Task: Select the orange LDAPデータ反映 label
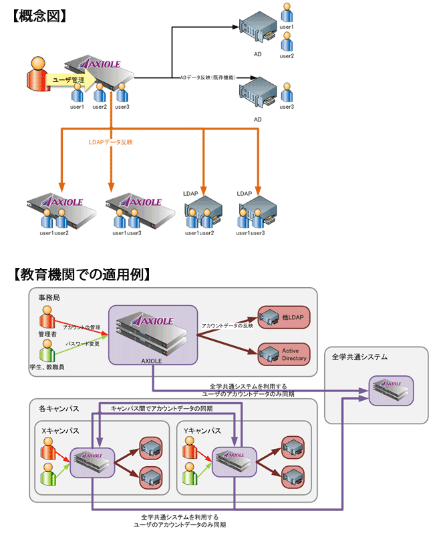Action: tap(111, 142)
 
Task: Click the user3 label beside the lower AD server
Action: tap(287, 107)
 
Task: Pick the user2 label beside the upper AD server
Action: tap(287, 56)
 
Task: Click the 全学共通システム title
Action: tap(359, 357)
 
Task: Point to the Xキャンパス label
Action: tap(60, 431)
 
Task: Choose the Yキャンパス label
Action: tap(202, 431)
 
